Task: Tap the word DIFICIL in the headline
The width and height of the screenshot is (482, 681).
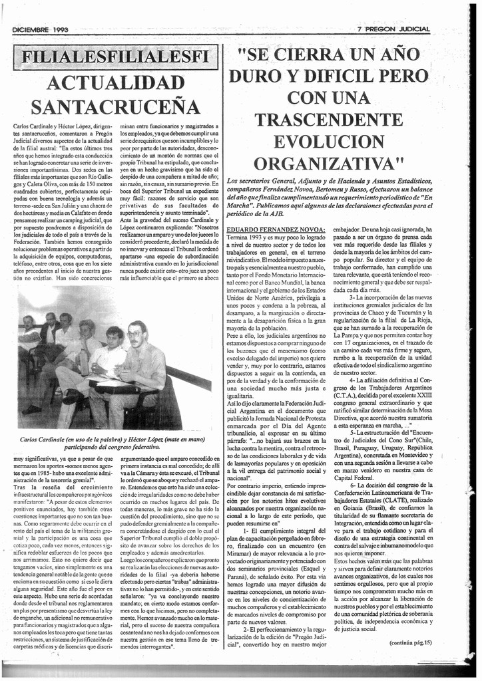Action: pyautogui.click(x=338, y=76)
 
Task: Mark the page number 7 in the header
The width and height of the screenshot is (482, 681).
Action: pyautogui.click(x=360, y=29)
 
